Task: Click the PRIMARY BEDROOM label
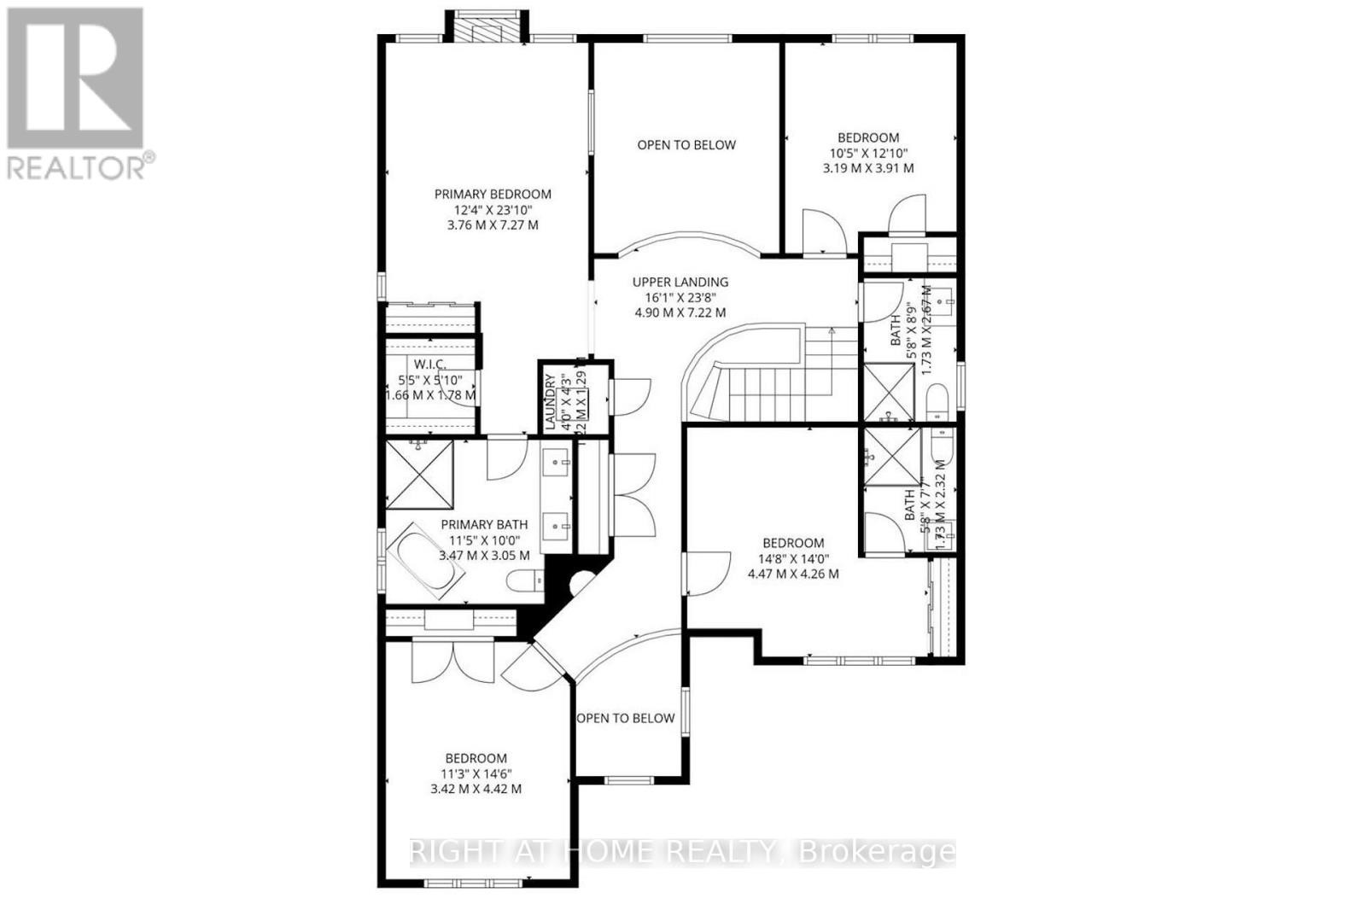tap(493, 194)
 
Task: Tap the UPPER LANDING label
tap(680, 282)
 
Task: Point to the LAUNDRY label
tap(551, 401)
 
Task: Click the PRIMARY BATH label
tap(484, 524)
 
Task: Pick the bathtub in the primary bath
tap(425, 563)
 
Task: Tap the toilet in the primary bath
tap(522, 582)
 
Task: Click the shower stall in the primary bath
tap(418, 475)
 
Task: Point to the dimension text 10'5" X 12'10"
tap(868, 153)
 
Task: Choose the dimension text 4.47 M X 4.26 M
tap(793, 574)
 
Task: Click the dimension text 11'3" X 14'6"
tap(476, 773)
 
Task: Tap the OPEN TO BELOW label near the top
tap(686, 145)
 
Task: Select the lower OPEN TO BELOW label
tap(626, 718)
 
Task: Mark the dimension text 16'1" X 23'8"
tap(680, 297)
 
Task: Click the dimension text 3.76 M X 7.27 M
tap(493, 225)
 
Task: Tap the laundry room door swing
tap(630, 396)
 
